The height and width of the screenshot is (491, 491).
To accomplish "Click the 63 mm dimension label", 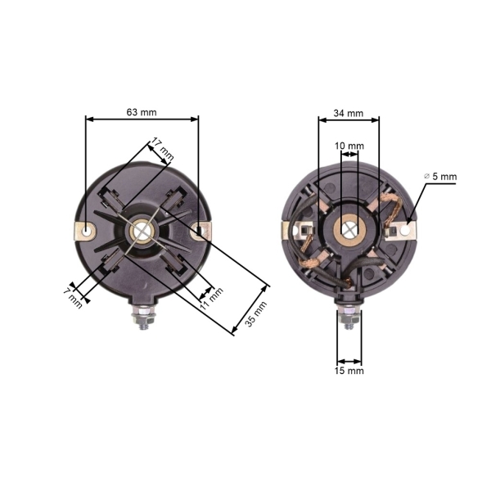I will point(142,110).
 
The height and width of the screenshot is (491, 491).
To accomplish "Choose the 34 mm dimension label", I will point(349,112).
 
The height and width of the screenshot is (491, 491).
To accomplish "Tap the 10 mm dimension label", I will point(349,146).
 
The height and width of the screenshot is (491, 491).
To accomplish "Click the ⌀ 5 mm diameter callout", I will point(440,176).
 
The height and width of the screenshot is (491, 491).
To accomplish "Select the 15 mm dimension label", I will point(349,371).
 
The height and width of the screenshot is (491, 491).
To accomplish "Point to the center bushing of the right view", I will point(349,228).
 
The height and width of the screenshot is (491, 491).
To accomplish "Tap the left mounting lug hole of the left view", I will point(87,232).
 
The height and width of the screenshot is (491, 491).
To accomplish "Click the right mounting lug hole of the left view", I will point(198,232).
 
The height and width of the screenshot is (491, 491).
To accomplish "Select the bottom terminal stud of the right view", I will point(349,314).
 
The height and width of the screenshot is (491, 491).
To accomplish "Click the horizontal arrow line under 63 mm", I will point(142,119).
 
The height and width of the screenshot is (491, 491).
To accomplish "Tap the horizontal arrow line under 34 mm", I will point(349,120).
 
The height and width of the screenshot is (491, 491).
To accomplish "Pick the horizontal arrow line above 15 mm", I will point(349,361).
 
